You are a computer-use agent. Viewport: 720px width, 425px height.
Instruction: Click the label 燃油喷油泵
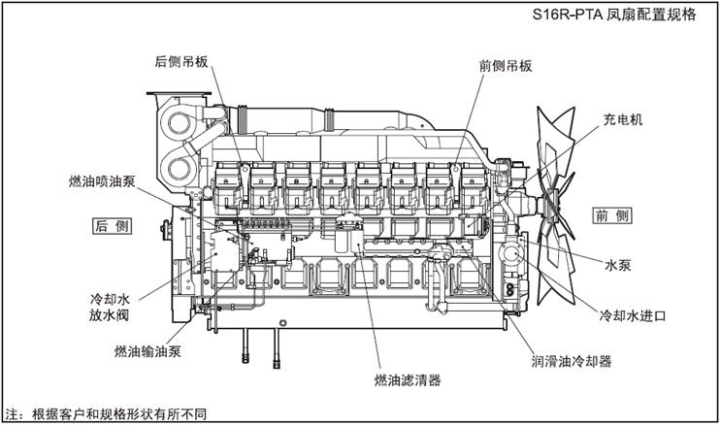pos(101,181)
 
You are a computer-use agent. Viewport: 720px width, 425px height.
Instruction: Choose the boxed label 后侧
pos(112,225)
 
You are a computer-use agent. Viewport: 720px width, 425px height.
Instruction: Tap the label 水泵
pos(619,264)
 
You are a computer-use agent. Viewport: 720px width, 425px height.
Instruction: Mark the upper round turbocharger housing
pos(180,123)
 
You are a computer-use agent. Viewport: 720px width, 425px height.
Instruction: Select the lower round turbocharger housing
pos(181,172)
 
